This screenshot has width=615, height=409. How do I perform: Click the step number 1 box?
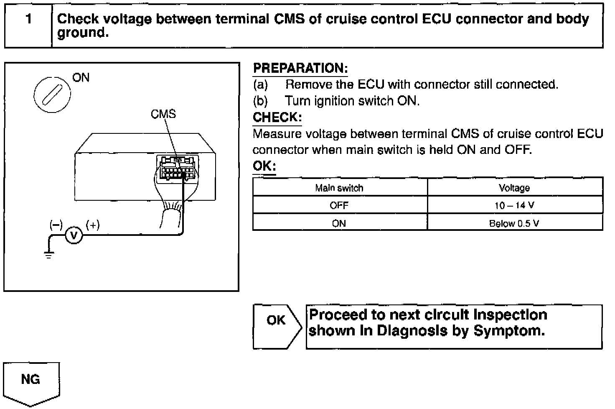click(x=28, y=25)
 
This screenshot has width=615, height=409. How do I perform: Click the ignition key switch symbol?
click(x=52, y=94)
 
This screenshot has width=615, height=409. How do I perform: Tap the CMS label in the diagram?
click(x=163, y=114)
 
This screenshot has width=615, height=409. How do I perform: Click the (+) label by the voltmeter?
click(x=92, y=225)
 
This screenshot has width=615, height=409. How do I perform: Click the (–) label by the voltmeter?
click(x=56, y=225)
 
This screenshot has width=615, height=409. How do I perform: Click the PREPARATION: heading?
click(x=300, y=68)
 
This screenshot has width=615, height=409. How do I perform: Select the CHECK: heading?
click(x=277, y=118)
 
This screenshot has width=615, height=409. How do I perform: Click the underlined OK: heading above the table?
click(x=264, y=166)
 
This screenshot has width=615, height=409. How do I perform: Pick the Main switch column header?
click(x=339, y=188)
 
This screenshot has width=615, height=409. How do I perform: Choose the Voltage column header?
click(x=514, y=188)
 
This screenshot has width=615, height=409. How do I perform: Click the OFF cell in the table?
click(x=339, y=206)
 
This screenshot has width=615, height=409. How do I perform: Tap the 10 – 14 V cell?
click(x=514, y=206)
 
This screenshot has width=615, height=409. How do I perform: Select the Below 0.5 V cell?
click(x=514, y=223)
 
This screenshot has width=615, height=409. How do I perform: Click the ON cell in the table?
click(x=339, y=223)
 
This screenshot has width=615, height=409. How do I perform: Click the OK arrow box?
click(x=276, y=327)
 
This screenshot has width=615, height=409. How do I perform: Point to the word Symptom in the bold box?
click(x=509, y=331)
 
